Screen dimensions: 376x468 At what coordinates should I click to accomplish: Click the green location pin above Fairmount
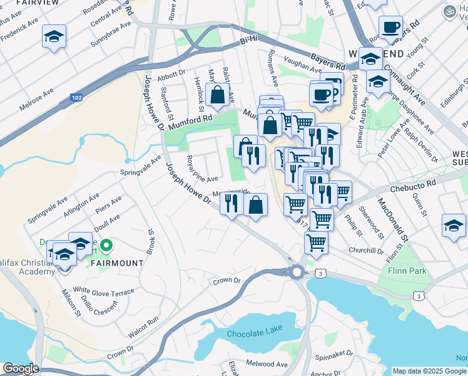(x=106, y=247)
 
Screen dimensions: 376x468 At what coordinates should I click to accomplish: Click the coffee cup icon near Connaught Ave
(x=391, y=28)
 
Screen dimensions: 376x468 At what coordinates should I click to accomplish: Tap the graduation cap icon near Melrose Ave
(x=54, y=37)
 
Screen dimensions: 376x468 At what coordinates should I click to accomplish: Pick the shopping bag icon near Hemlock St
(x=217, y=95)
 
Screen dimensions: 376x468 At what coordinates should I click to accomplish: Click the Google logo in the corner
(x=20, y=368)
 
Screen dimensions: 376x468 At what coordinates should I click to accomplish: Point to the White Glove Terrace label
(x=104, y=292)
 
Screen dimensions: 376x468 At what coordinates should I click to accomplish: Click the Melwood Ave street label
(x=267, y=363)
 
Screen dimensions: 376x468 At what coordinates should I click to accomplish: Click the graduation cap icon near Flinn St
(x=454, y=226)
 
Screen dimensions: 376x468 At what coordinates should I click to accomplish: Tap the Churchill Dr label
(x=367, y=251)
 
